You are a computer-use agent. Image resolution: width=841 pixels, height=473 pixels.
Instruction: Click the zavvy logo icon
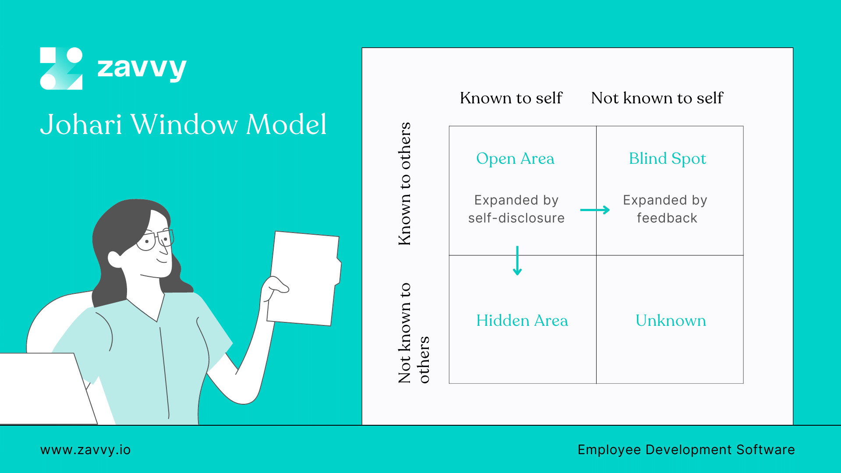(61, 68)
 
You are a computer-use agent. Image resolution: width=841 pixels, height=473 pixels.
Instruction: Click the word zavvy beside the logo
(141, 68)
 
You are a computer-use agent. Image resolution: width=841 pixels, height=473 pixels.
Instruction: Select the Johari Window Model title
(183, 124)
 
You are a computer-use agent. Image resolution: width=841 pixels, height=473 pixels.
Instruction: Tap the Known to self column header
(511, 98)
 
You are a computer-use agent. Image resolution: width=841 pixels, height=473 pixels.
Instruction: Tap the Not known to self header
(657, 98)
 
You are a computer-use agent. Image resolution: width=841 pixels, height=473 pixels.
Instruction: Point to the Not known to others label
(413, 333)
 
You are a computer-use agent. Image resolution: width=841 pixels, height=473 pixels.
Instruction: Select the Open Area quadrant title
(515, 159)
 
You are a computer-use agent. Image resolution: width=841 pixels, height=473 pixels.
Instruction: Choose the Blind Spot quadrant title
(668, 159)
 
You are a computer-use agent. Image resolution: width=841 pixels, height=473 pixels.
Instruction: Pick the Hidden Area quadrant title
(522, 321)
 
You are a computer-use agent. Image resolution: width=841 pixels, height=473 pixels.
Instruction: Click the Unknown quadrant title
(671, 321)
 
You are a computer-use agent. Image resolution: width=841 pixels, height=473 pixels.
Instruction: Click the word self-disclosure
(516, 218)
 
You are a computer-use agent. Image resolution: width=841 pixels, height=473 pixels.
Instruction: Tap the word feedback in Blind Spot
(667, 218)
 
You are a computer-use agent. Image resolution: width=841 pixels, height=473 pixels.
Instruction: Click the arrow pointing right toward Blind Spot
(595, 210)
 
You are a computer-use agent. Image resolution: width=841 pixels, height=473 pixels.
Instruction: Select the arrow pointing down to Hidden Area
(517, 261)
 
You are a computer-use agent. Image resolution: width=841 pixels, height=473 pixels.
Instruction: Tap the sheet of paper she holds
(304, 278)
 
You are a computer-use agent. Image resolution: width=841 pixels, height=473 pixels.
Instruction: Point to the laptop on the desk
(44, 388)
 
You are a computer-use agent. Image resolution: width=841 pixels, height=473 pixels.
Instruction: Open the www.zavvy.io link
(85, 450)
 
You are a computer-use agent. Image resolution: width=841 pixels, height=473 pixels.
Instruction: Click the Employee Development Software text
(686, 450)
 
